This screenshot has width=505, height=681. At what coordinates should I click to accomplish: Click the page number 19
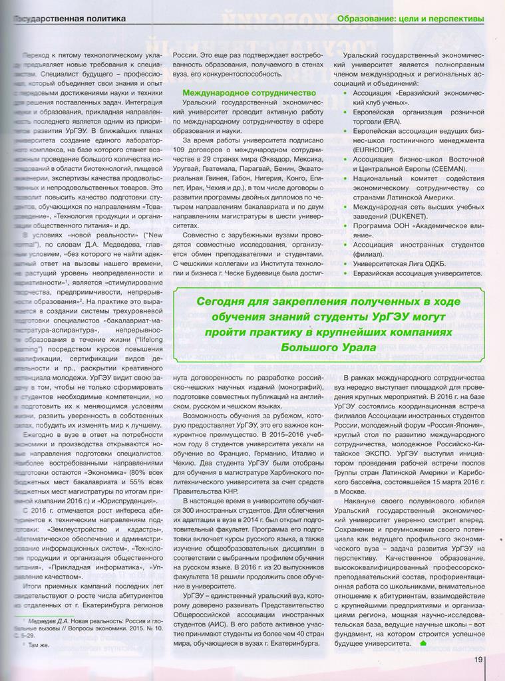click(x=478, y=660)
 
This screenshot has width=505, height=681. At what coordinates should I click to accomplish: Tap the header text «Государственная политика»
click(x=69, y=19)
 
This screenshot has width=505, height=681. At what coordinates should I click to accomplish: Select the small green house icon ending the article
click(x=423, y=643)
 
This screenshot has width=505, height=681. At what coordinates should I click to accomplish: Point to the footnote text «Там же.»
click(x=37, y=644)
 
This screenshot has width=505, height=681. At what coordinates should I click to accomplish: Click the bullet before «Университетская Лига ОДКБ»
click(x=344, y=263)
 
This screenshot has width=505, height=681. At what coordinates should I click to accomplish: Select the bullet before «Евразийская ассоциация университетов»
click(x=344, y=273)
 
